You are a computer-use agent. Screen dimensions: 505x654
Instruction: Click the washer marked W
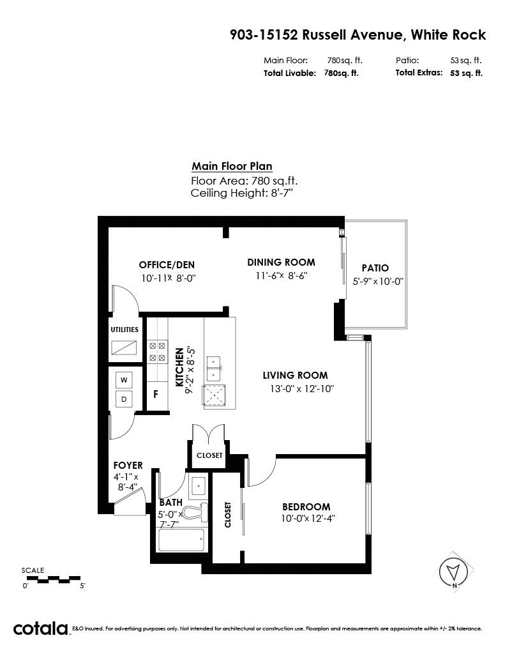click(x=124, y=380)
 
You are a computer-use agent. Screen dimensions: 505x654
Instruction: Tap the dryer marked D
click(x=124, y=399)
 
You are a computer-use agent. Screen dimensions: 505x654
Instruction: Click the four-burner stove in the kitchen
click(x=157, y=352)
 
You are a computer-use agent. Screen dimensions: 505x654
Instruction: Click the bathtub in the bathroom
click(x=181, y=540)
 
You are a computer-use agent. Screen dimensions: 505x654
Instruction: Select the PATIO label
click(x=375, y=268)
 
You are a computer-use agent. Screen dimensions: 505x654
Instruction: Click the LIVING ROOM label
click(x=295, y=375)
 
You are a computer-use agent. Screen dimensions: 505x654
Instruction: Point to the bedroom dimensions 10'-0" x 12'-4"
click(x=308, y=519)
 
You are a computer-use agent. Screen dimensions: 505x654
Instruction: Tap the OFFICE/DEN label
click(x=167, y=265)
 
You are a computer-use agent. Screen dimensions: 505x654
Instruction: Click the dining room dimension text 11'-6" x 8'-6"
click(x=282, y=276)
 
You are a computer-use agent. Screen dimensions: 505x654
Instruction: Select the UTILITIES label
click(x=124, y=330)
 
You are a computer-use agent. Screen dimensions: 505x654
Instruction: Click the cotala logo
click(x=40, y=628)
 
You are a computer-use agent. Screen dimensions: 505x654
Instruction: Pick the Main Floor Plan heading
click(x=232, y=166)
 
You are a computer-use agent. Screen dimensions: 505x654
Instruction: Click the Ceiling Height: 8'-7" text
click(x=242, y=193)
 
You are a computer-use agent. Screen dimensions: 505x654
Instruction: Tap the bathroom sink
click(x=198, y=486)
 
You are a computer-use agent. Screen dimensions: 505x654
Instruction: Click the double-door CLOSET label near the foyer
click(x=209, y=455)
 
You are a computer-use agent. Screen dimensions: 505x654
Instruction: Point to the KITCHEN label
click(x=179, y=367)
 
